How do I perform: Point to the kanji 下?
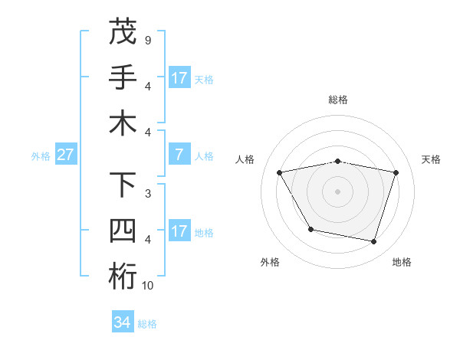(x=123, y=185)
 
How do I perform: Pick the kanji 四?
(x=123, y=231)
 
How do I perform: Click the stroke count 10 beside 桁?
(x=148, y=286)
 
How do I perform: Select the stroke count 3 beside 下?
(x=147, y=194)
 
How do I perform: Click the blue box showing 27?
(x=66, y=155)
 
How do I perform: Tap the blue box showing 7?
(x=179, y=155)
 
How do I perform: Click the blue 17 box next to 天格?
(x=179, y=78)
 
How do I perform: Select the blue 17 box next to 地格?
(x=179, y=231)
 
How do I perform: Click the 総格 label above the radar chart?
(x=338, y=100)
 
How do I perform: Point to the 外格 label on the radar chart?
(x=270, y=262)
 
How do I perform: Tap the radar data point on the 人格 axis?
(x=280, y=173)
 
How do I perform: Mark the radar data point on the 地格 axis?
(x=373, y=241)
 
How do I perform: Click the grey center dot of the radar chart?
(x=338, y=191)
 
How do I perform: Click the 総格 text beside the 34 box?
(x=147, y=324)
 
